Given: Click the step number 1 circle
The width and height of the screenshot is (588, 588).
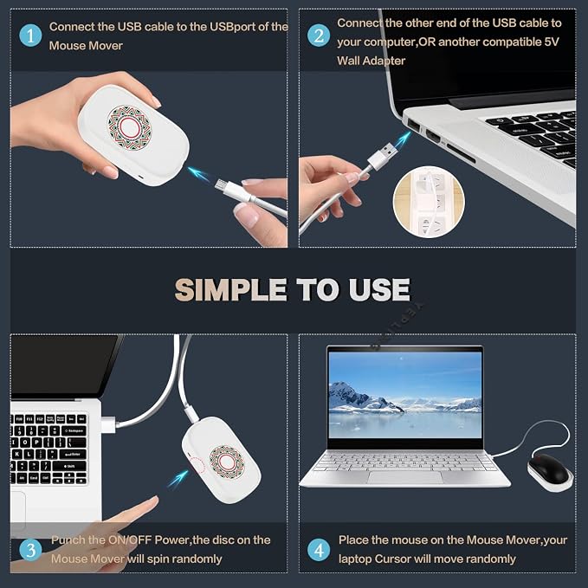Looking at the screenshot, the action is click(30, 36).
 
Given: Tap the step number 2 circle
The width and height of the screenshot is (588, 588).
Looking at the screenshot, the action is click(319, 36).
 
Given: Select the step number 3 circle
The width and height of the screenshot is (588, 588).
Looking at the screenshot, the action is click(30, 550).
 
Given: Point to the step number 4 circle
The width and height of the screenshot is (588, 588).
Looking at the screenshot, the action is click(319, 550).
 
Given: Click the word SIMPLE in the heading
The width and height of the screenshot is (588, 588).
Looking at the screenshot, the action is click(230, 289).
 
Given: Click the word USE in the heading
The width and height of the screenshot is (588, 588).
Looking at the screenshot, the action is click(379, 289).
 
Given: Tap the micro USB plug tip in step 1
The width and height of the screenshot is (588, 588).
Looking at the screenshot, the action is click(220, 184).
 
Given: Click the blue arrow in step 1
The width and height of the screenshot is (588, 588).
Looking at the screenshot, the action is click(199, 173).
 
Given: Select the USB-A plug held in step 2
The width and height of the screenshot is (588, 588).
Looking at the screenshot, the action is click(383, 155).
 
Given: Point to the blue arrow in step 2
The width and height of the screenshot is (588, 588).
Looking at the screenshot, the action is click(401, 139).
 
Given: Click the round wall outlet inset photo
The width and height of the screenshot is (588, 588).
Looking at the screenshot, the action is click(429, 202).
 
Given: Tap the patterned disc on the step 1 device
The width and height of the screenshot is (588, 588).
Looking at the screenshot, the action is click(129, 127).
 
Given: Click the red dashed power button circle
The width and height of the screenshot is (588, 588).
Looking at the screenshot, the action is click(196, 466).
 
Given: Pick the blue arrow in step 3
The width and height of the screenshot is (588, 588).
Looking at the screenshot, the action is click(178, 479).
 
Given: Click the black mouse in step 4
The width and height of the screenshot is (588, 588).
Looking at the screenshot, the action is click(551, 468).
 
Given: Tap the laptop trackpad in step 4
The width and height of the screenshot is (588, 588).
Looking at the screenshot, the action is click(405, 477).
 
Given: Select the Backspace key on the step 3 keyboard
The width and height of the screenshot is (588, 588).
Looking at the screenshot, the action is click(74, 430).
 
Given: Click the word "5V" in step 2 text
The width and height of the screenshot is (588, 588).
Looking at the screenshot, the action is click(551, 42).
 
